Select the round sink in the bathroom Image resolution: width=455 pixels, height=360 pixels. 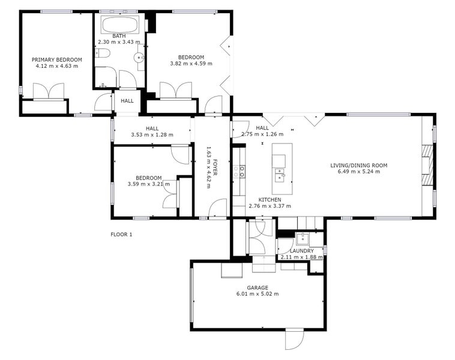click(139, 58)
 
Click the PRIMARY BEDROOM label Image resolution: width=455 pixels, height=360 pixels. click(56, 60)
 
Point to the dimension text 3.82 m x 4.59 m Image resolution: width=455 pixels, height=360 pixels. click(190, 64)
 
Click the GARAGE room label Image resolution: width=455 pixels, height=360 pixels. click(257, 287)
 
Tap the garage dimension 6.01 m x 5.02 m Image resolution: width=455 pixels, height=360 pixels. click(257, 294)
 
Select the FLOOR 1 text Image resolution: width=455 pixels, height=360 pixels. click(121, 235)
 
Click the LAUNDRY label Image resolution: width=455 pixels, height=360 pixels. click(301, 251)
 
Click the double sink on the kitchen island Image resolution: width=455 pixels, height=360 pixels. click(279, 175)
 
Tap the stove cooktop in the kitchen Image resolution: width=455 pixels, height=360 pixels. click(243, 172)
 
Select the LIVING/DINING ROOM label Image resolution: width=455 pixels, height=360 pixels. click(358, 165)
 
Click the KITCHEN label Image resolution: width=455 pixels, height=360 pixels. click(270, 199)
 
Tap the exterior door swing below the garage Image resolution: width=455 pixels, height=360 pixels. click(294, 340)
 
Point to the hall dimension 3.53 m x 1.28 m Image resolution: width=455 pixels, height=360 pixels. click(152, 135)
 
